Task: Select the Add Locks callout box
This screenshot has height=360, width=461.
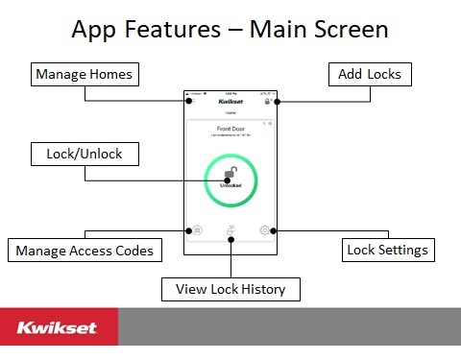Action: pos(370,74)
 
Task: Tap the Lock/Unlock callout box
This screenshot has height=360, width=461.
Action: pos(85,154)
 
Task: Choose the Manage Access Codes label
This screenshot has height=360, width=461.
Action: pos(85,252)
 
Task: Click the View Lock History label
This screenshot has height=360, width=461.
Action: pos(230,288)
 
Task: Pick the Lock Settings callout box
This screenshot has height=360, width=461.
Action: pos(389,252)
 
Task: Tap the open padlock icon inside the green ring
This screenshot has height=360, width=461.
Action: pos(230,174)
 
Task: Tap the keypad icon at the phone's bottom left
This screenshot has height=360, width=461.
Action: pos(195,230)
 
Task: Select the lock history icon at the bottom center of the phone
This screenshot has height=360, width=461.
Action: pos(230,231)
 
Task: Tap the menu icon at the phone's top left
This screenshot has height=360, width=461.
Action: pos(189,100)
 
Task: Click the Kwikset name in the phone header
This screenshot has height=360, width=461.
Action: pos(230,100)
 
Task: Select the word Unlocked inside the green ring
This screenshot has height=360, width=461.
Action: pos(230,186)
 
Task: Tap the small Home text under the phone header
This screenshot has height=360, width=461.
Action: pos(230,111)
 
